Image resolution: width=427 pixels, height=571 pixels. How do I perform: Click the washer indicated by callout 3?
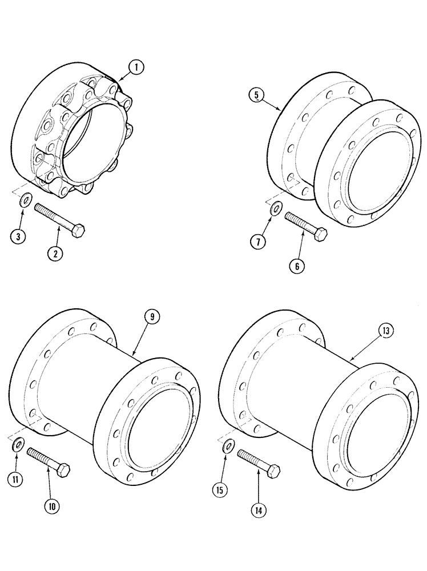(x=26, y=202)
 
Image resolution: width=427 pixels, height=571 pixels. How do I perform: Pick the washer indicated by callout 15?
(x=227, y=445)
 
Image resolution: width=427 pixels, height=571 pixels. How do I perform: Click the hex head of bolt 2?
(x=79, y=231)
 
